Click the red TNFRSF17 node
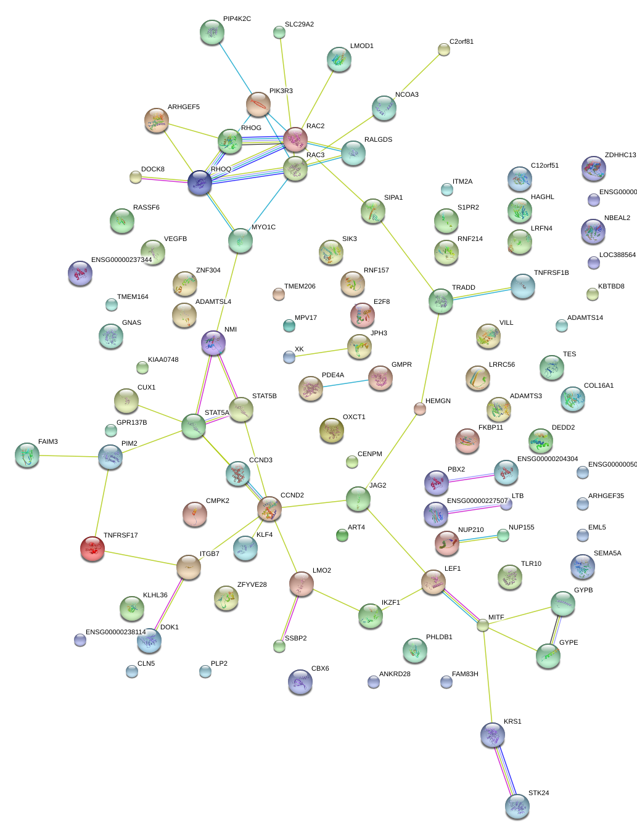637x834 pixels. click(x=92, y=548)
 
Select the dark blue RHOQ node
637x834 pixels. click(x=200, y=183)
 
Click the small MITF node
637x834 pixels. click(x=483, y=625)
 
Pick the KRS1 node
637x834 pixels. click(x=492, y=734)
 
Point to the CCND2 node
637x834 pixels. click(x=269, y=509)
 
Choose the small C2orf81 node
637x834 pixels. click(x=443, y=50)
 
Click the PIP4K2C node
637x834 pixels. click(x=212, y=32)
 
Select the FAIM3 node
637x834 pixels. click(x=27, y=455)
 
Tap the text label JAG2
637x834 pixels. click(x=377, y=485)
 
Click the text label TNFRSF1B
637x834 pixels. click(x=551, y=272)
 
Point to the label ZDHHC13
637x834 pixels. click(x=620, y=155)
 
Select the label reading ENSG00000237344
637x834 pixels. click(x=121, y=260)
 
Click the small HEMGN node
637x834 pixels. click(x=420, y=409)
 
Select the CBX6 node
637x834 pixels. click(x=300, y=681)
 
